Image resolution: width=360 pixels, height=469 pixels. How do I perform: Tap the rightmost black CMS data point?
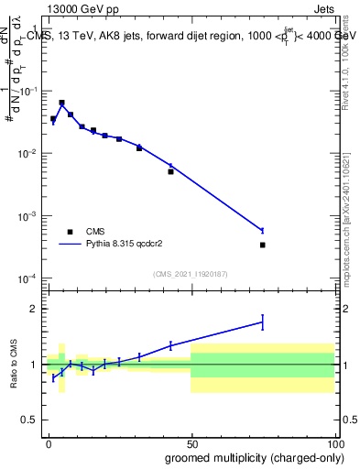click(x=262, y=245)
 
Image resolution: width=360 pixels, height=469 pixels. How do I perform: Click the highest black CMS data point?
click(x=61, y=103)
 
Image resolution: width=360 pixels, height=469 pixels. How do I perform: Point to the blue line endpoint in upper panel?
click(x=262, y=230)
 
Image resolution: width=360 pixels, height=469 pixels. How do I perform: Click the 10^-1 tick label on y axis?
click(x=30, y=91)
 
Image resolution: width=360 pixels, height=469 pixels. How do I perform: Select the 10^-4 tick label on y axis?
click(x=30, y=278)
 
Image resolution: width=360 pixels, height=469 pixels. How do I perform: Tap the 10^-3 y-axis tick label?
click(x=30, y=216)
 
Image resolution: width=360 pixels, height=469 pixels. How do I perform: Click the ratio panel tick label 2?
click(x=37, y=309)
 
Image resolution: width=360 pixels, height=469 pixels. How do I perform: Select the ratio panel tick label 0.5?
click(x=33, y=421)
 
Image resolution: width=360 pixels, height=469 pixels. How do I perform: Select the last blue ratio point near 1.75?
click(x=262, y=322)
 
